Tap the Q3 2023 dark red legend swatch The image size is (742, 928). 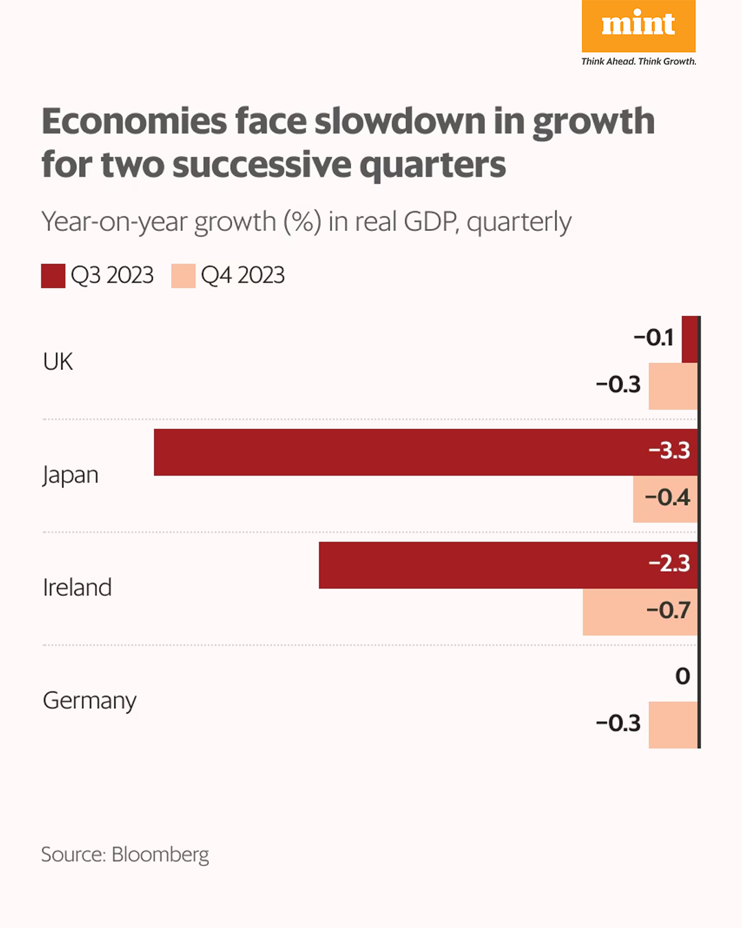[53, 276]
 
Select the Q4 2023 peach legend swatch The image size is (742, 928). [183, 276]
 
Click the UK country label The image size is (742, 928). [58, 362]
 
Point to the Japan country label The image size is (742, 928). [70, 475]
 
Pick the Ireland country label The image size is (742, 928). [77, 588]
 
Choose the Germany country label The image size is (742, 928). [89, 700]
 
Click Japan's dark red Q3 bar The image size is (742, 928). [398, 452]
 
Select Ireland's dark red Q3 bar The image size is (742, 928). [481, 565]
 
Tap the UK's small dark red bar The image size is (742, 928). [690, 340]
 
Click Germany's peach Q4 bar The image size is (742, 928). [673, 725]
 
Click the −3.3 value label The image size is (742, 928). [669, 451]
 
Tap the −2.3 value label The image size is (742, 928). [669, 564]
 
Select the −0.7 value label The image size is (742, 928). [668, 610]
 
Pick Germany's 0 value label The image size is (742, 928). [682, 676]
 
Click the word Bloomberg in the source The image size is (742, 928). [160, 854]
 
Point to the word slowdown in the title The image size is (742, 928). [400, 122]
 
